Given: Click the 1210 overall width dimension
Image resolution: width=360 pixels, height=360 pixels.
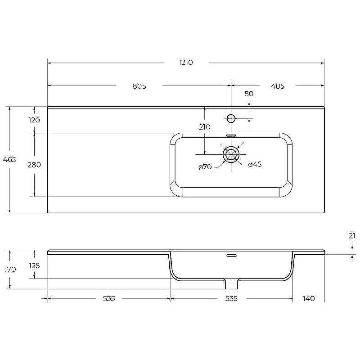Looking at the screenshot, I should (x=185, y=63).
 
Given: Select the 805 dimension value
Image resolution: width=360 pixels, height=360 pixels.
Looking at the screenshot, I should (x=139, y=86).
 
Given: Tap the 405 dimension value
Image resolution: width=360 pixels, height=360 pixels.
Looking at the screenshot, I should (x=278, y=86).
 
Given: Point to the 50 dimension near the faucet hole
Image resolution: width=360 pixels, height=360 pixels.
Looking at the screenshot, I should (x=249, y=94).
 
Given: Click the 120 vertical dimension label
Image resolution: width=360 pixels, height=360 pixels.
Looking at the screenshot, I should (x=34, y=120).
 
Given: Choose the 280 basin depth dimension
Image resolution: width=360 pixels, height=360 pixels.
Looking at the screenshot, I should (x=34, y=165).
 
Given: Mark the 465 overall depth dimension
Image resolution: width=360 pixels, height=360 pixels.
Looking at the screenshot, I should (x=9, y=160).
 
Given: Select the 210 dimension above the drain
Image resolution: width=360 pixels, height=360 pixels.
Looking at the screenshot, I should (x=204, y=127).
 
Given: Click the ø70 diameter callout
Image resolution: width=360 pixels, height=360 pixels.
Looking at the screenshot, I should (x=205, y=167).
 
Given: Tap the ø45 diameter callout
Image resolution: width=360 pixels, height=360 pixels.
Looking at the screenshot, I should (x=255, y=165).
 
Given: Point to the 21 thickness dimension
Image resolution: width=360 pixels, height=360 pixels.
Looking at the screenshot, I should (x=352, y=236).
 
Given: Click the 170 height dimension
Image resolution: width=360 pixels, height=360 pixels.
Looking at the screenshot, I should (x=9, y=270).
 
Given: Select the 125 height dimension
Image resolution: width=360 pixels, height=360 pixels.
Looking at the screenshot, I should (x=34, y=265).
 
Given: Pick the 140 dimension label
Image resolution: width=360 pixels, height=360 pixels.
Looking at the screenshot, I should (x=309, y=298).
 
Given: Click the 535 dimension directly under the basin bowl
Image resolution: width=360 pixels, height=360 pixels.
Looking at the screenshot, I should (x=231, y=298).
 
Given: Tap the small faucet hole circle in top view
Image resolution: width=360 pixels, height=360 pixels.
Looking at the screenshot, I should (x=231, y=119).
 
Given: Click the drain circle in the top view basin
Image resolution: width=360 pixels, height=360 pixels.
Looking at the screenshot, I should (x=231, y=154).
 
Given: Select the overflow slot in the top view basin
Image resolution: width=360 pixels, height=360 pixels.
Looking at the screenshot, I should (x=231, y=135).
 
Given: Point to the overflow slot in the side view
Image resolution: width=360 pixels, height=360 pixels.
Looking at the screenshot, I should (x=231, y=256).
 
